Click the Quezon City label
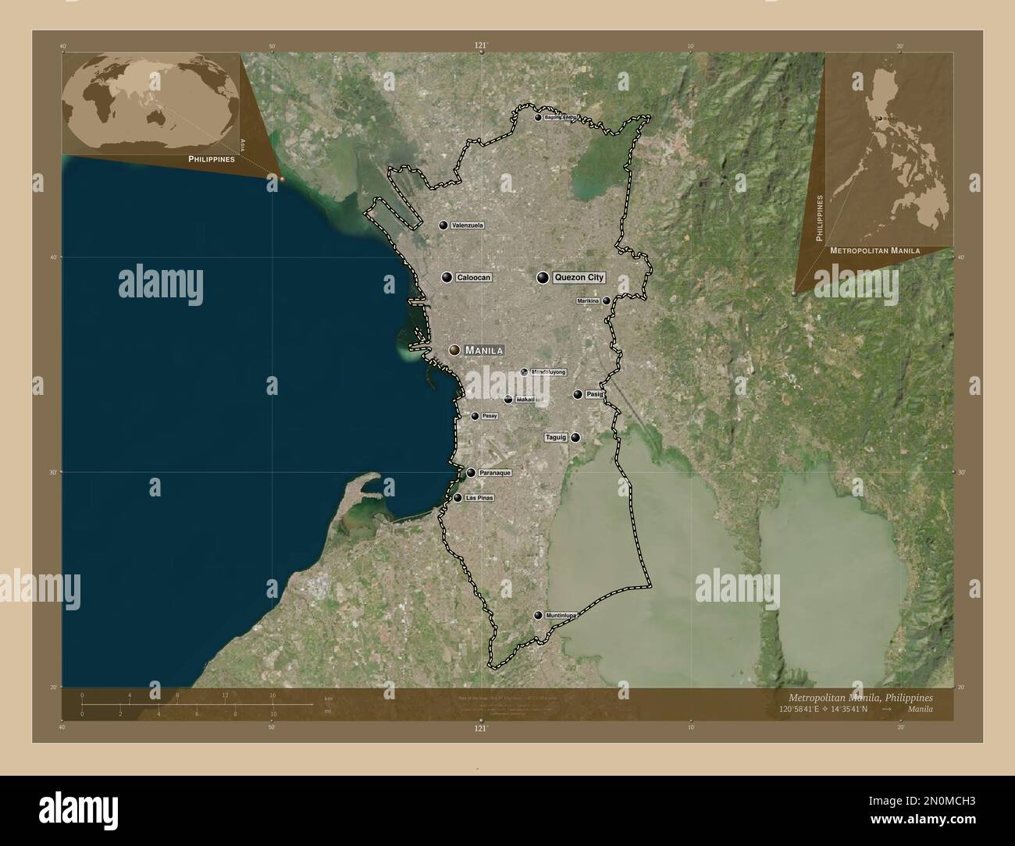coord(579,277)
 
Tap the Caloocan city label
coord(474,277)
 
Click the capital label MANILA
coord(483,350)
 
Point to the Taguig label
coord(556,438)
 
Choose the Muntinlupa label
coord(561,616)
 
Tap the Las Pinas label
coord(479,498)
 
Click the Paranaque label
coord(495,473)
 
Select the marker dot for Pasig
coord(578,394)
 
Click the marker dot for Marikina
coord(606,300)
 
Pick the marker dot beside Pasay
coord(475,416)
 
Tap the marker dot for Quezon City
coord(542,277)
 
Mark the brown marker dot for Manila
coord(454,350)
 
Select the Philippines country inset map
coord(889,148)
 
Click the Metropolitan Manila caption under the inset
coord(874,251)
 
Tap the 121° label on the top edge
coord(481,46)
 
